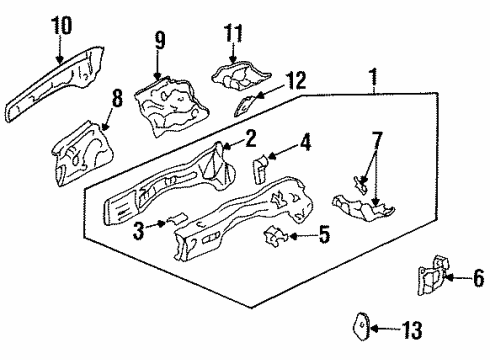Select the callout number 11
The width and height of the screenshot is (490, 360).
click(x=233, y=34)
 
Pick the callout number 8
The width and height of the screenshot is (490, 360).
click(x=117, y=97)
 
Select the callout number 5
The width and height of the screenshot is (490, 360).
click(x=323, y=237)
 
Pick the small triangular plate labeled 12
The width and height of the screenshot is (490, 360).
click(x=245, y=103)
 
